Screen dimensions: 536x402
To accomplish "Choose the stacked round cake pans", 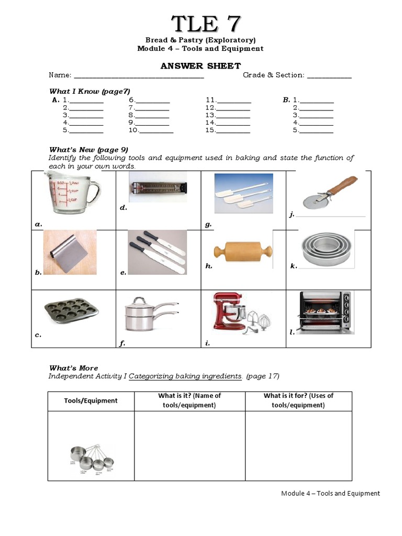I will (327, 250).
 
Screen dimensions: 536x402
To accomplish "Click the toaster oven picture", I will (325, 312).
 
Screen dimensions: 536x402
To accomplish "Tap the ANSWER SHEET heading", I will (200, 65).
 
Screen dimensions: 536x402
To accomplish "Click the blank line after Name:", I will (139, 76).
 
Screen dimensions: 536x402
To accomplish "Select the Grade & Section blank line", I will (329, 76).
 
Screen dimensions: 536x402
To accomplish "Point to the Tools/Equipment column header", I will (91, 400).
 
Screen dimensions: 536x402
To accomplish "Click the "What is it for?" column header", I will (298, 400).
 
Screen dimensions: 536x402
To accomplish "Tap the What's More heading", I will (73, 368).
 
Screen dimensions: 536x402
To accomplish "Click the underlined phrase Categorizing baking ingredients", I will (185, 376).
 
